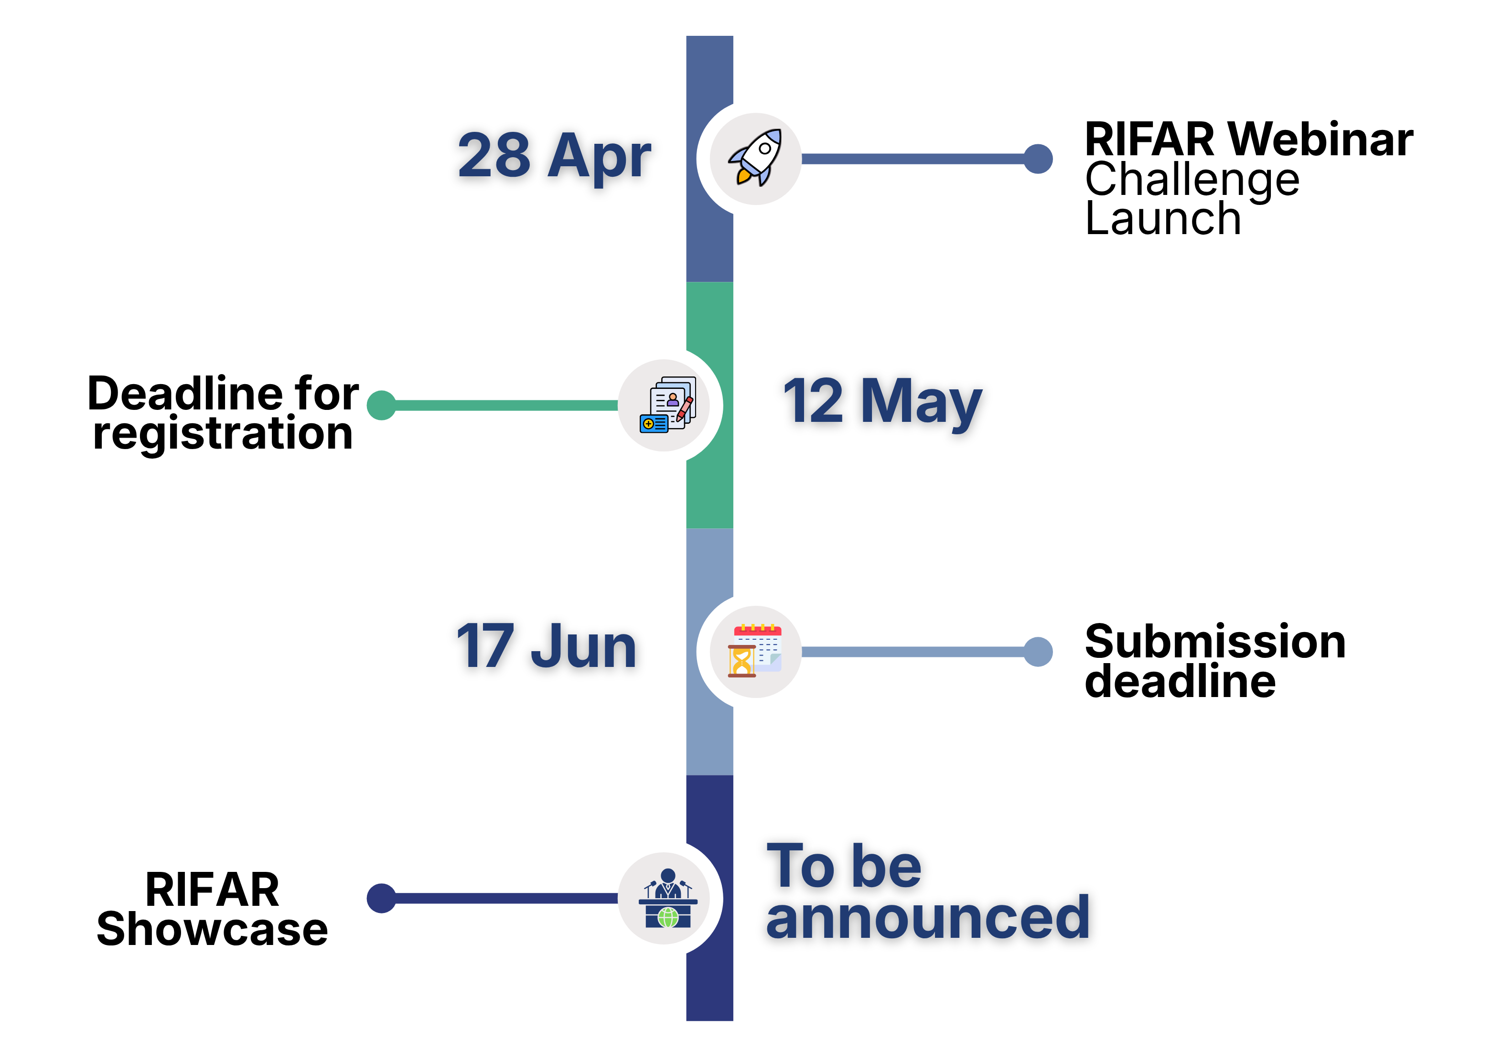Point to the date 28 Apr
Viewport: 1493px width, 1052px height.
(554, 157)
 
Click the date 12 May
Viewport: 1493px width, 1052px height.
(882, 403)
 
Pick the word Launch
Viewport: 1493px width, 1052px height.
(1163, 218)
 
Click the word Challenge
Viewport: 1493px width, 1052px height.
(1192, 180)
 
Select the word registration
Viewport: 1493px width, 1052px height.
(223, 434)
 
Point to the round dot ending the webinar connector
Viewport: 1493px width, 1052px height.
(1039, 159)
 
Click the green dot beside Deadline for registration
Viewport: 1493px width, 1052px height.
(382, 405)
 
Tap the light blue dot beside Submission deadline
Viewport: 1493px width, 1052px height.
(1039, 652)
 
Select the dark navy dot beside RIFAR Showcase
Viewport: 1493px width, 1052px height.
(382, 898)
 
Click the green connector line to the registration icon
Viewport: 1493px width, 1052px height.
(506, 405)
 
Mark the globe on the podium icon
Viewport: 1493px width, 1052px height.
(668, 917)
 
